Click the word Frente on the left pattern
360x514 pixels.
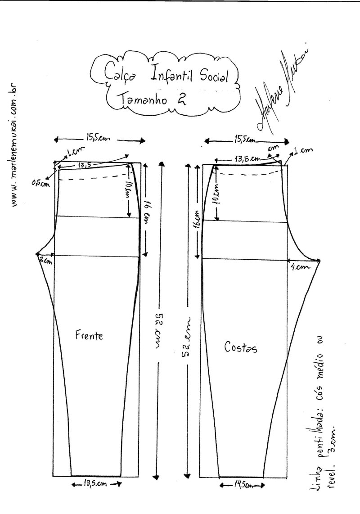tap(90, 335)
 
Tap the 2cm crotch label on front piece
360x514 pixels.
tap(45, 260)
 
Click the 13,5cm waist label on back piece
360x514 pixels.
tap(247, 159)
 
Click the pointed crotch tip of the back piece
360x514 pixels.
tap(320, 260)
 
